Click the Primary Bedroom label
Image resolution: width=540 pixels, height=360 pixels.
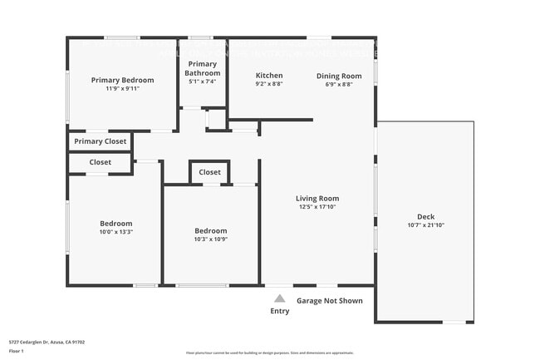pyautogui.click(x=122, y=81)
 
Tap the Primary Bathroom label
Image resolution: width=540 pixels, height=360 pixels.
pyautogui.click(x=203, y=68)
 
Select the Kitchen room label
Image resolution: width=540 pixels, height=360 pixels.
pyautogui.click(x=269, y=76)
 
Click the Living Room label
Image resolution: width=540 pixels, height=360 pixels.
pyautogui.click(x=317, y=199)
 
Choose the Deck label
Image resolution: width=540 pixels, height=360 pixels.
pyautogui.click(x=426, y=216)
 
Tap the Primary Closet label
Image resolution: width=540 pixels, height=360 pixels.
pyautogui.click(x=100, y=141)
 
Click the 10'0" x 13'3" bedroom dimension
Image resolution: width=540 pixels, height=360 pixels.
pyautogui.click(x=116, y=232)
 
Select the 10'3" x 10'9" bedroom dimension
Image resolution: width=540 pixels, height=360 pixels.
pyautogui.click(x=210, y=239)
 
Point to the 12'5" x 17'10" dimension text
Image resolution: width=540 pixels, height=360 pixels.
pyautogui.click(x=317, y=207)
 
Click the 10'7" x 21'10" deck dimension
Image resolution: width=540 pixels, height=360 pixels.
pyautogui.click(x=426, y=224)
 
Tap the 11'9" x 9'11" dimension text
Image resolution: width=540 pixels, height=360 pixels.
pyautogui.click(x=122, y=89)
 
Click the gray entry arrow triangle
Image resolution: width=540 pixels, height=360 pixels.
pyautogui.click(x=280, y=298)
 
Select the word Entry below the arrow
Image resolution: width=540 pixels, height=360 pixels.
pyautogui.click(x=280, y=311)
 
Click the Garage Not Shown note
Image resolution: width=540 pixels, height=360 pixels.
pyautogui.click(x=330, y=301)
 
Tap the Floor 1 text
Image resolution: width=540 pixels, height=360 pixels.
pyautogui.click(x=17, y=352)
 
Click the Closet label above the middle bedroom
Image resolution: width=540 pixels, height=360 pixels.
pyautogui.click(x=210, y=172)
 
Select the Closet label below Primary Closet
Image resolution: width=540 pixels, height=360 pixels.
pyautogui.click(x=100, y=162)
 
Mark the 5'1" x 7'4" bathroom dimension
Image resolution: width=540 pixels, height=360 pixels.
pyautogui.click(x=203, y=81)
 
